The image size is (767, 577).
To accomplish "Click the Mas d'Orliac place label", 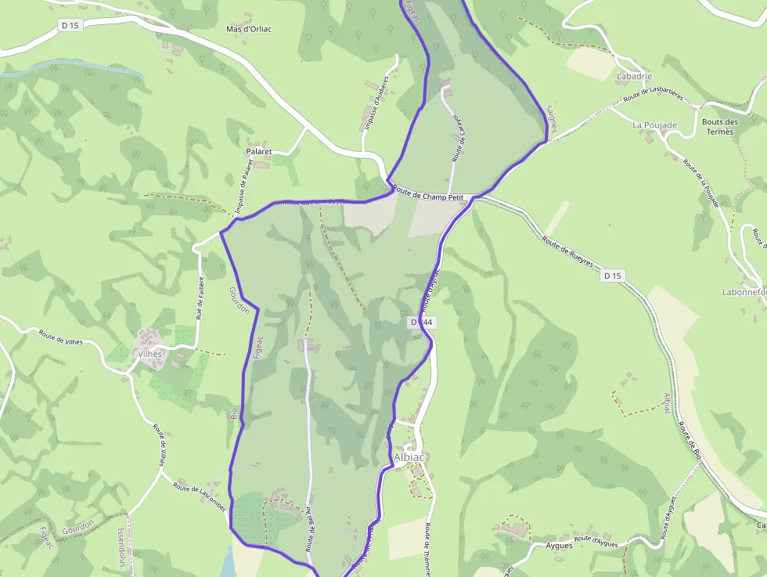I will point(249,29).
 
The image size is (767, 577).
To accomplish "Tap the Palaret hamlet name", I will point(259,151).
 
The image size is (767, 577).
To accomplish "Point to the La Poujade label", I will point(654,124).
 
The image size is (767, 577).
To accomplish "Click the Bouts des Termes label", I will point(720,127).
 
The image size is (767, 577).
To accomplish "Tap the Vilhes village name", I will point(149,354).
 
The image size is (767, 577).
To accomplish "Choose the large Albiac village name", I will point(409,457).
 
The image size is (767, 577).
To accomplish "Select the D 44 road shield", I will point(422,323).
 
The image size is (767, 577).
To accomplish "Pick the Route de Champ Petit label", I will point(429,196).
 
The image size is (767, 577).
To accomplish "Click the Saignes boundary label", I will point(550,118).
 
